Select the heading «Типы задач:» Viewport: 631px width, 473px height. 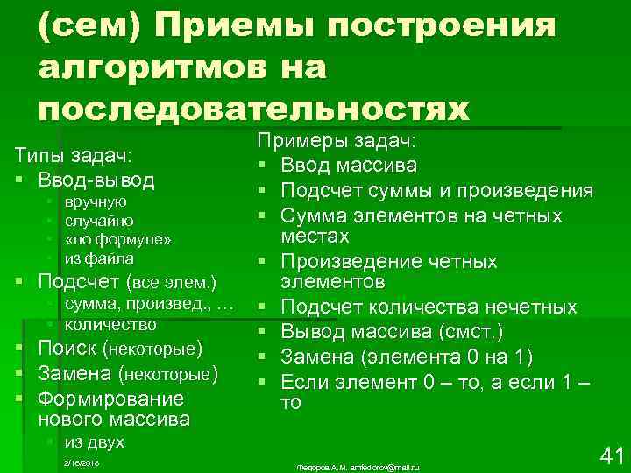(x=72, y=156)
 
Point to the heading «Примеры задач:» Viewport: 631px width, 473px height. (x=337, y=141)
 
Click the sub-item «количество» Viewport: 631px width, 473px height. (x=110, y=324)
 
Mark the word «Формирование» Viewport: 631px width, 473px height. (x=111, y=399)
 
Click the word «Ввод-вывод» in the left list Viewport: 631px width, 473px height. (x=96, y=180)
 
